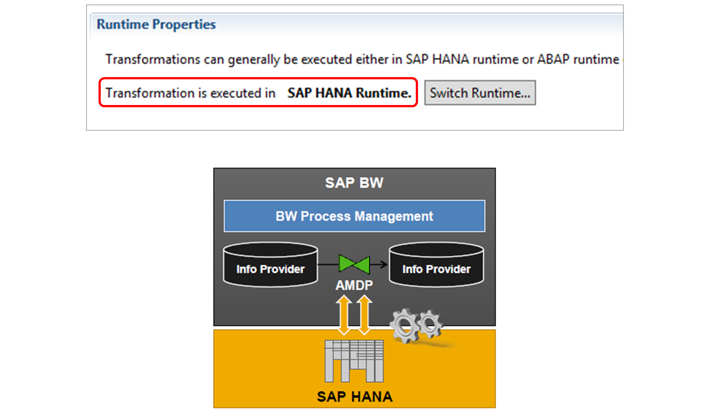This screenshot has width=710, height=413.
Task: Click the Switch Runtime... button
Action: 480,93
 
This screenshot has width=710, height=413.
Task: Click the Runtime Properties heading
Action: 156,24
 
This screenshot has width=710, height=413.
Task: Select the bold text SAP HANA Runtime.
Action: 349,93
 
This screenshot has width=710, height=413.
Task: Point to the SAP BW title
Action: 355,183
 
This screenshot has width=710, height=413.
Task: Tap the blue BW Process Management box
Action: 355,216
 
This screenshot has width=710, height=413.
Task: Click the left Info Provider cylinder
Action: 270,265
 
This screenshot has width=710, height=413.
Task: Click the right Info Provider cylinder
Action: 437,265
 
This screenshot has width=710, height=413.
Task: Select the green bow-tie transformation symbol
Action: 354,264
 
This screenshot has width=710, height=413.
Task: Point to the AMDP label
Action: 354,285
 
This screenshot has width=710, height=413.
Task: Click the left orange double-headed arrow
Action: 344,315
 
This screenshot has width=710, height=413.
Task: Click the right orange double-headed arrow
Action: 364,315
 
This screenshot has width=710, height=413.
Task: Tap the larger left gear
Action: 405,326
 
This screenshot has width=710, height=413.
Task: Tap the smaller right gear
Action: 430,324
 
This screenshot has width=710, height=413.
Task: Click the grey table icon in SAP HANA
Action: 354,361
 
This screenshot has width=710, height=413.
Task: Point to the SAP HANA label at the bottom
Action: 355,397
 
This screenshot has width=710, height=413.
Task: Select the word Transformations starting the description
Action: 153,59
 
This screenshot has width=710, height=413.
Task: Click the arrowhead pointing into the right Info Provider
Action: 383,264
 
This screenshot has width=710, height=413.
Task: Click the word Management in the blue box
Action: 394,216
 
